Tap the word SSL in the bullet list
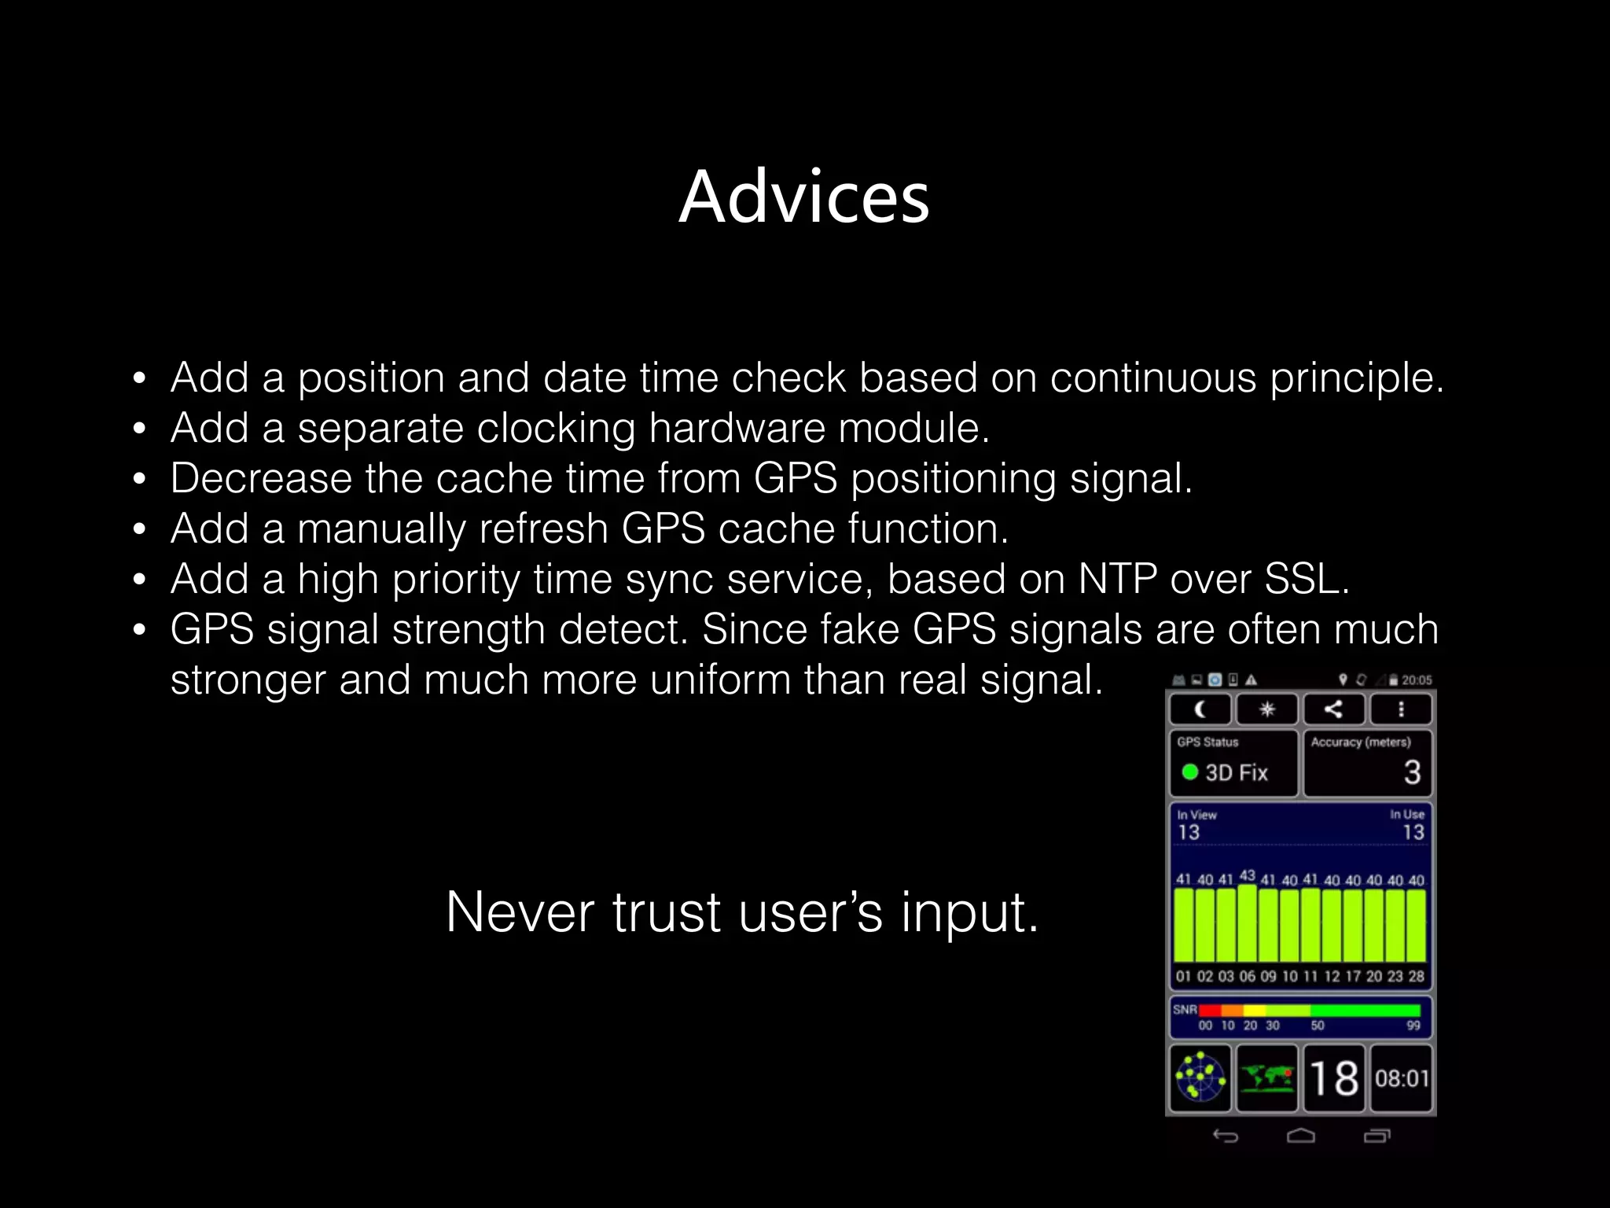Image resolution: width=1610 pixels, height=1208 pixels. coord(1305,579)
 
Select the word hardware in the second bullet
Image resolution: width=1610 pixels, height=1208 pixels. coord(737,429)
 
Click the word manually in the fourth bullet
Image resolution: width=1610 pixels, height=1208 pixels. coord(381,529)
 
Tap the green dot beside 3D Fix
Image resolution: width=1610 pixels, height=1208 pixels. coord(1189,772)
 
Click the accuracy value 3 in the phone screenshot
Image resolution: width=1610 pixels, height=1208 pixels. coord(1412,772)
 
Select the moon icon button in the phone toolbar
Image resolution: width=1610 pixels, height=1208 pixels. coord(1200,709)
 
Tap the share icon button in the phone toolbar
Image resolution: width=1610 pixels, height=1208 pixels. coord(1333,709)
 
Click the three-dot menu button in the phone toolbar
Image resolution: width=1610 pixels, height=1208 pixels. coord(1401,709)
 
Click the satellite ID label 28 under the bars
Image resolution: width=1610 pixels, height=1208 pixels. coord(1416,976)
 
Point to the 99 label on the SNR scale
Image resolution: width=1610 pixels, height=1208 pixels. coord(1413,1026)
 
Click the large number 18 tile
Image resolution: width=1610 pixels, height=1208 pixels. coord(1334,1078)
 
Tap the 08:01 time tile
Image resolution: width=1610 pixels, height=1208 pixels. coord(1401,1078)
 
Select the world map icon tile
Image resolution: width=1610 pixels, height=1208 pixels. coord(1266,1078)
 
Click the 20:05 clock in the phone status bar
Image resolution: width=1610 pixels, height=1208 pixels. coord(1416,680)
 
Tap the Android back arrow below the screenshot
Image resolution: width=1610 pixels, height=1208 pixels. coord(1225,1136)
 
